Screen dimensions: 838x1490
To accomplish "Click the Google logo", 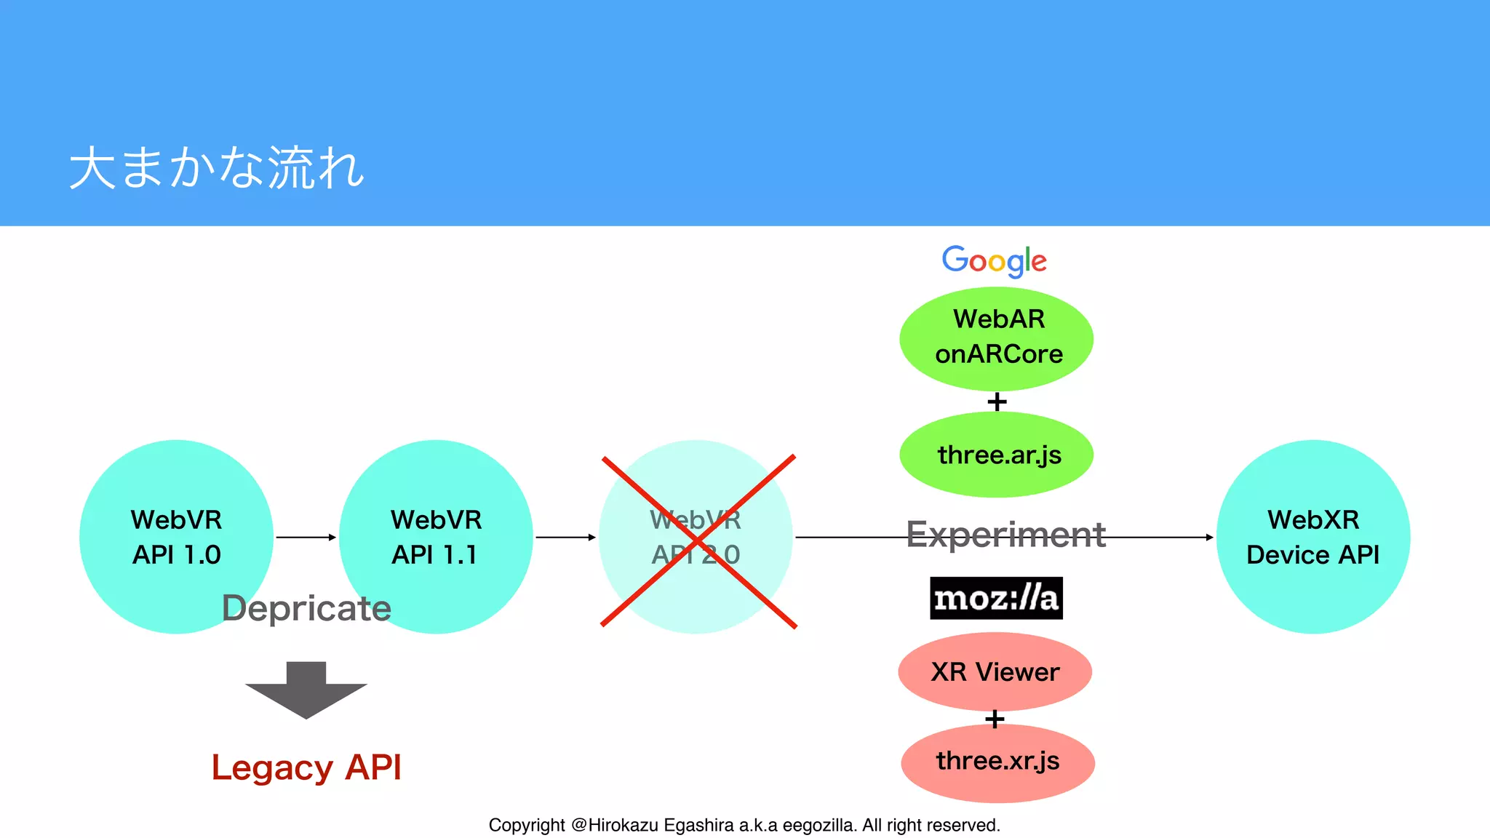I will click(x=994, y=260).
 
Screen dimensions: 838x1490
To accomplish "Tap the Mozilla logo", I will click(x=996, y=598).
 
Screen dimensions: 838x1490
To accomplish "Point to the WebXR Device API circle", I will click(x=1312, y=537).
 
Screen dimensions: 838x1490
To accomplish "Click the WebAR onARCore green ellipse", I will click(x=996, y=338).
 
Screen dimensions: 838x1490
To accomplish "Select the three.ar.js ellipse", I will click(x=996, y=455).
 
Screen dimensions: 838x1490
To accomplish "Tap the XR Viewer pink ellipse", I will click(x=995, y=671).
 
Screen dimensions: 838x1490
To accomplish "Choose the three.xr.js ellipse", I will click(x=997, y=762).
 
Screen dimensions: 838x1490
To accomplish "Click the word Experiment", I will click(x=1005, y=535).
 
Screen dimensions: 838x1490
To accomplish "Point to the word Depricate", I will click(x=306, y=608).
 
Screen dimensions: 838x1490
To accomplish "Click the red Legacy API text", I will click(x=306, y=767).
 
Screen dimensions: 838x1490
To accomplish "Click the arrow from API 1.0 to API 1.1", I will click(x=306, y=538).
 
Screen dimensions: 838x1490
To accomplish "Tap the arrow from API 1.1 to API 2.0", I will click(x=565, y=538).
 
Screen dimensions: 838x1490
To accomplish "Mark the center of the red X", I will click(x=698, y=540).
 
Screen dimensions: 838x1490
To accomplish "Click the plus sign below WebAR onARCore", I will click(x=997, y=402).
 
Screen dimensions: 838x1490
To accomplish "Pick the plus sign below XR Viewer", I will click(x=995, y=719).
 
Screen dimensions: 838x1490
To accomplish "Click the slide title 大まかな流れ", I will click(x=217, y=168).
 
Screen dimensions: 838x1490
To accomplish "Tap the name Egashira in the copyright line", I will click(x=698, y=825).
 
